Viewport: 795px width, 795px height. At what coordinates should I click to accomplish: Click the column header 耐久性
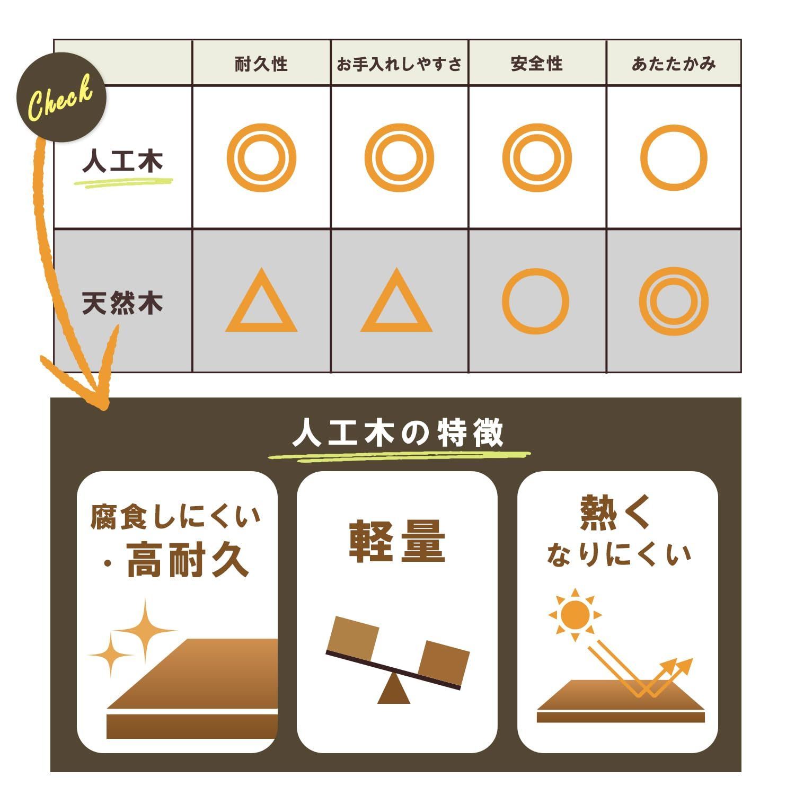[x=261, y=64]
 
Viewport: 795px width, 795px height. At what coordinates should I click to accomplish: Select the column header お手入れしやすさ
[x=399, y=64]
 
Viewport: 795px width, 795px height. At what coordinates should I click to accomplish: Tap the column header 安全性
[x=536, y=64]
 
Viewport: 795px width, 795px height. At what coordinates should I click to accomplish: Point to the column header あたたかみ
[x=674, y=64]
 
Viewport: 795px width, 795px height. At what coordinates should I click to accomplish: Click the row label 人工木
[x=122, y=161]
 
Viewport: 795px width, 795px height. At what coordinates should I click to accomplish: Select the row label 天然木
[x=122, y=303]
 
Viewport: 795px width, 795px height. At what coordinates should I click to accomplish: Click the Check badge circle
[x=61, y=98]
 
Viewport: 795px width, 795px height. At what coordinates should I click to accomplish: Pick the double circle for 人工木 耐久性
[x=261, y=157]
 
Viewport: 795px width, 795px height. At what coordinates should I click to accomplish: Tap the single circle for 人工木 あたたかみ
[x=674, y=157]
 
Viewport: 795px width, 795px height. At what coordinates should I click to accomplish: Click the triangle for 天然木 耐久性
[x=261, y=304]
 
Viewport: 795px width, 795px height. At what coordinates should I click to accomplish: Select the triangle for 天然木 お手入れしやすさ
[x=396, y=304]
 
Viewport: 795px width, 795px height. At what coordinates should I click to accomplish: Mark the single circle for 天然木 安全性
[x=535, y=301]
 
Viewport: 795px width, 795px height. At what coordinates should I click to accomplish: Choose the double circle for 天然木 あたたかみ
[x=674, y=301]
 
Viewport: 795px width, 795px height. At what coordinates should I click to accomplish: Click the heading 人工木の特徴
[x=398, y=434]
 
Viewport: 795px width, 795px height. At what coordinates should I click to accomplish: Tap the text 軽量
[x=397, y=542]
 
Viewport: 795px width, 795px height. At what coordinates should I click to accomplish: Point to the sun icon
[x=575, y=615]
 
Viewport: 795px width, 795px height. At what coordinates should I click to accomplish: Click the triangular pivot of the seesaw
[x=394, y=691]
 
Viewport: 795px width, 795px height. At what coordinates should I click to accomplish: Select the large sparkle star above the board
[x=145, y=631]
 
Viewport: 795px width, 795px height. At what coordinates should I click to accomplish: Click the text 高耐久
[x=188, y=561]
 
